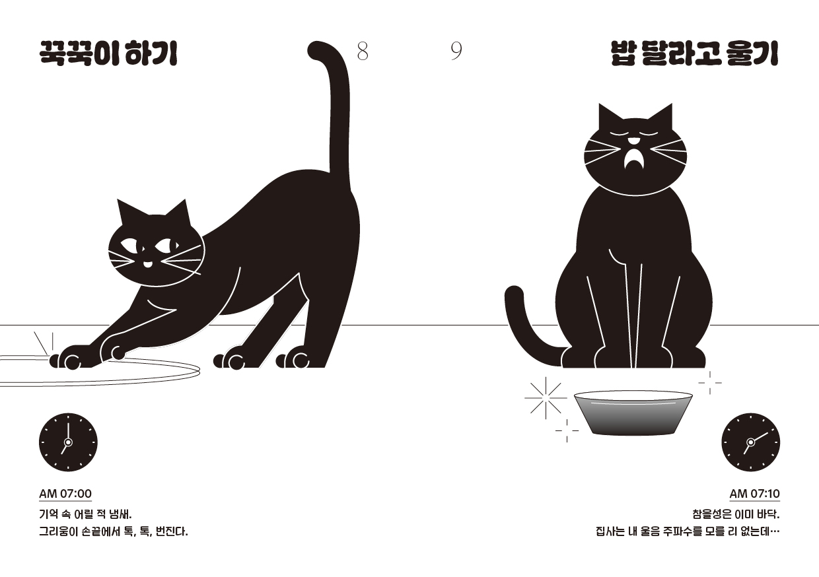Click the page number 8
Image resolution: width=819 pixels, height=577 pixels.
click(x=363, y=51)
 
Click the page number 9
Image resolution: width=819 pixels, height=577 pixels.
click(x=456, y=51)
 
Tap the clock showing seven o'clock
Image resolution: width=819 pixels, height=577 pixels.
click(x=69, y=442)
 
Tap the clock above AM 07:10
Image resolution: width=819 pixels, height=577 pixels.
click(x=750, y=442)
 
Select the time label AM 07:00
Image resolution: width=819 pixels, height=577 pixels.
click(x=65, y=494)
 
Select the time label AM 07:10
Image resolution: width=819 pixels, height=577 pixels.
click(x=755, y=494)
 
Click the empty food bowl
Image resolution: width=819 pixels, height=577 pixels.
click(x=633, y=413)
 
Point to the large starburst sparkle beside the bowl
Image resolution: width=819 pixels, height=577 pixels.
click(x=546, y=398)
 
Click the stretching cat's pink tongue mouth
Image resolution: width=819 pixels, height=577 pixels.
click(x=147, y=264)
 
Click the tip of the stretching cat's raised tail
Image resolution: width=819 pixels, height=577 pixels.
click(x=317, y=50)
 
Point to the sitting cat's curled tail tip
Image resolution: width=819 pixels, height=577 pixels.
click(x=514, y=294)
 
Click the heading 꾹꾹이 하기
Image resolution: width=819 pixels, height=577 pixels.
click(x=108, y=54)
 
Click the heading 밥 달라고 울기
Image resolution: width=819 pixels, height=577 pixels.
click(x=695, y=54)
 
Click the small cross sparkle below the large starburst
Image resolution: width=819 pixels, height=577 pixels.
click(x=567, y=430)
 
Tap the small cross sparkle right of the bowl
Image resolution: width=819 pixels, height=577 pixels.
click(x=710, y=383)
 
